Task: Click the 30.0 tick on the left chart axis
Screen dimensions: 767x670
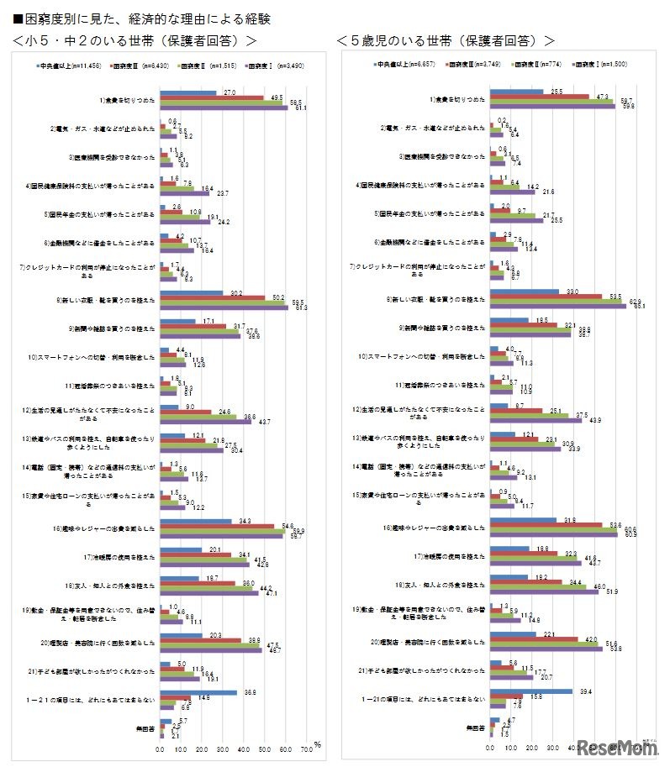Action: click(x=223, y=747)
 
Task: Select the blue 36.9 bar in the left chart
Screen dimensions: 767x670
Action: click(x=198, y=692)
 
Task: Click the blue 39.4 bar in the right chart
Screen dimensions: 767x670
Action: click(x=531, y=691)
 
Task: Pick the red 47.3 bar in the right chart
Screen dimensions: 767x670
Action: click(x=540, y=97)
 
